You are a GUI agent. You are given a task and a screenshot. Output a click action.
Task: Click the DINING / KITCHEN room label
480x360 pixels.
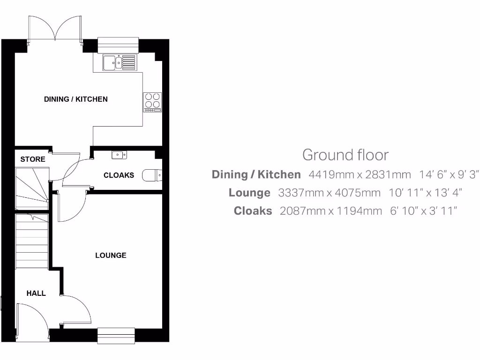[x=76, y=99]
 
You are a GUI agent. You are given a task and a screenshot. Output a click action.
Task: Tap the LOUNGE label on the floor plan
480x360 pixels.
[x=111, y=255]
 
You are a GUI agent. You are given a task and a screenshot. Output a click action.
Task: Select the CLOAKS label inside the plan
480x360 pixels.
[x=119, y=175]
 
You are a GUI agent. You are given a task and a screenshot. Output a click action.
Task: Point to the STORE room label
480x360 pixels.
[x=33, y=159]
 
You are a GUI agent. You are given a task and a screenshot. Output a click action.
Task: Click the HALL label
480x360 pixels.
[x=36, y=293]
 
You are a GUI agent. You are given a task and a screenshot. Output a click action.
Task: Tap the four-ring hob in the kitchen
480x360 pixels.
[x=152, y=101]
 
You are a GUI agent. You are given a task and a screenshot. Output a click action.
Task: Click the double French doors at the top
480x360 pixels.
[x=55, y=29]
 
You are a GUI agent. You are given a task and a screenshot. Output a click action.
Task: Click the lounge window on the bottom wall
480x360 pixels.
[x=116, y=335]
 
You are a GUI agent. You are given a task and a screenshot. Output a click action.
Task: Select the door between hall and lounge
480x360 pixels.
[x=75, y=309]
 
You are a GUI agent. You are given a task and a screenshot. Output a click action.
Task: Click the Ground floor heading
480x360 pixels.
[x=345, y=155]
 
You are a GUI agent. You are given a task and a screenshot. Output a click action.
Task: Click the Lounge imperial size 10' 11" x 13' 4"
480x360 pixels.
[x=426, y=193]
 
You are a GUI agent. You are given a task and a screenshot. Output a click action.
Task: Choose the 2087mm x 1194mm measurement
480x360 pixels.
[x=331, y=211]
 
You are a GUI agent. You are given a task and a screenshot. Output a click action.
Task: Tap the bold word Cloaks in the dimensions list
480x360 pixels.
[x=253, y=211]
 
